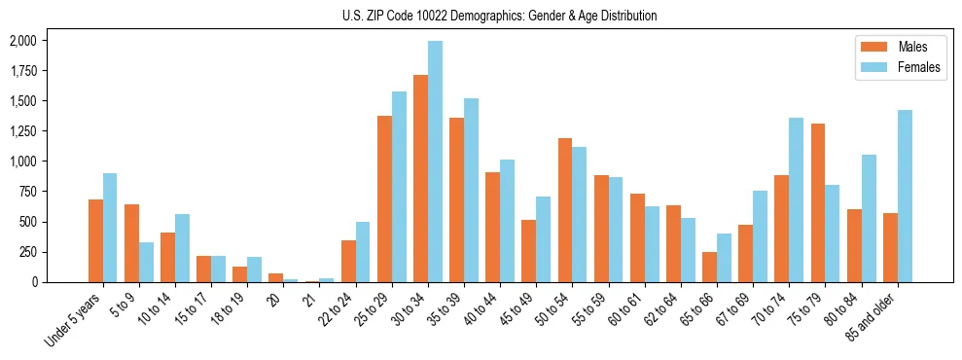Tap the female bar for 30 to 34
pos(435,162)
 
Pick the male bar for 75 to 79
pos(818,202)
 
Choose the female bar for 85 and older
pos(905,197)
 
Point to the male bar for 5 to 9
pos(131,243)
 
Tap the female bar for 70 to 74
pos(797,200)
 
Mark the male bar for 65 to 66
pos(709,268)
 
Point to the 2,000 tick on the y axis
pos(22,41)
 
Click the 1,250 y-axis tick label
pos(22,131)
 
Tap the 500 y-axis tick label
pos(26,222)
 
